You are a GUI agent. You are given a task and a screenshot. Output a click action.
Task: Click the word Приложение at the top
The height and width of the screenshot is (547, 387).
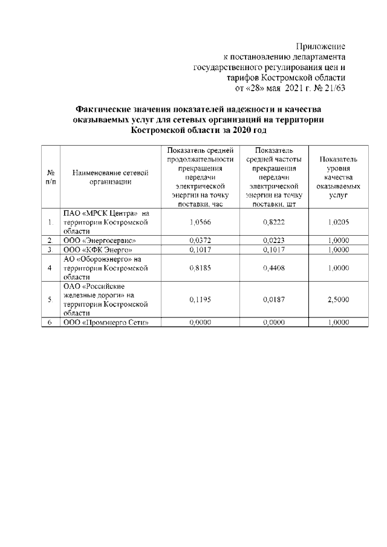[320, 47]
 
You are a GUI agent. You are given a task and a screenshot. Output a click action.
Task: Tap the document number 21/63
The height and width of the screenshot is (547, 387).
[334, 88]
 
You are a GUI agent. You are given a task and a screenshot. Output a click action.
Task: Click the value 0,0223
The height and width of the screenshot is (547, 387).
[275, 240]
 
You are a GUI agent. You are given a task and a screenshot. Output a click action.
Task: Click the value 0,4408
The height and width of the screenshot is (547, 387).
[275, 267]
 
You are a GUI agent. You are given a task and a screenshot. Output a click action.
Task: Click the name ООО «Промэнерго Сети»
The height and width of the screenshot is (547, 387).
[105, 322]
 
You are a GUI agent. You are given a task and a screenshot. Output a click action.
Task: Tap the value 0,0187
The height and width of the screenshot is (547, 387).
[275, 299]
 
